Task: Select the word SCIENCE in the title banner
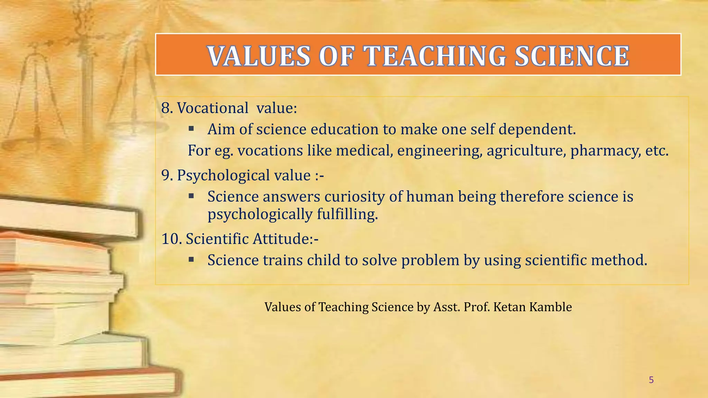(572, 56)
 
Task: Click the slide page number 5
(651, 380)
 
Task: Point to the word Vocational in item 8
(213, 108)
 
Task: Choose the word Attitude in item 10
(282, 239)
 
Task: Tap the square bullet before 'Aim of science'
(192, 129)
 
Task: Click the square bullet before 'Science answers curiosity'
(192, 196)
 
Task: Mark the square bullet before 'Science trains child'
(192, 259)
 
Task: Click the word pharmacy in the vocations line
(606, 151)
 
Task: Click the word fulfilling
(347, 214)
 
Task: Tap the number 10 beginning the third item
(170, 239)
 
